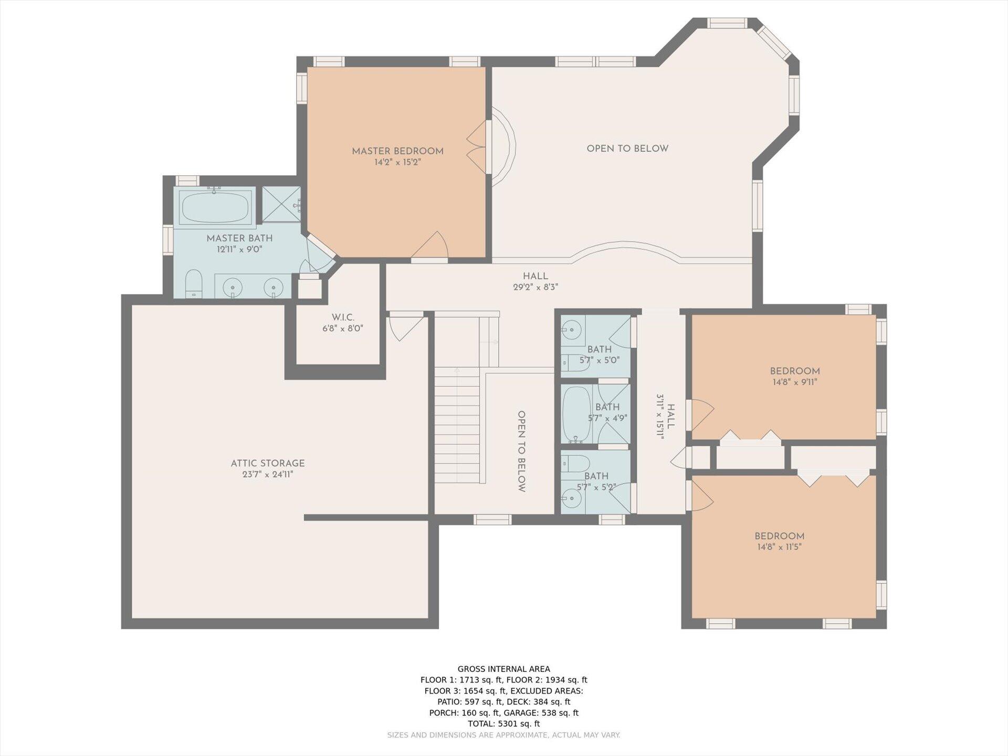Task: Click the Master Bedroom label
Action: click(397, 151)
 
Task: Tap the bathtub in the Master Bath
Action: click(215, 207)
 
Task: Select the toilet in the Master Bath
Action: click(194, 284)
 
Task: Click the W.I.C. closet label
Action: click(343, 318)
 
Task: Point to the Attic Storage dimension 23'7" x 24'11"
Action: click(268, 475)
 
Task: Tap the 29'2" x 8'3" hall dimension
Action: click(535, 287)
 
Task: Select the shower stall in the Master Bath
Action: click(281, 205)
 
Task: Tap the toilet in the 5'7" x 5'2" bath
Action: click(576, 463)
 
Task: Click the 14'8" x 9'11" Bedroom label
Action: click(795, 371)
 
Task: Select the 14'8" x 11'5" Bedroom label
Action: click(779, 536)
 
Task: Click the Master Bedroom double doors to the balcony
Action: click(478, 148)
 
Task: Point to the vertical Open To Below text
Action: click(521, 451)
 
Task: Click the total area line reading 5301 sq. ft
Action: click(503, 723)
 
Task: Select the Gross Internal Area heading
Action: click(503, 669)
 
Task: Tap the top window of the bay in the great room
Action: click(727, 23)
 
